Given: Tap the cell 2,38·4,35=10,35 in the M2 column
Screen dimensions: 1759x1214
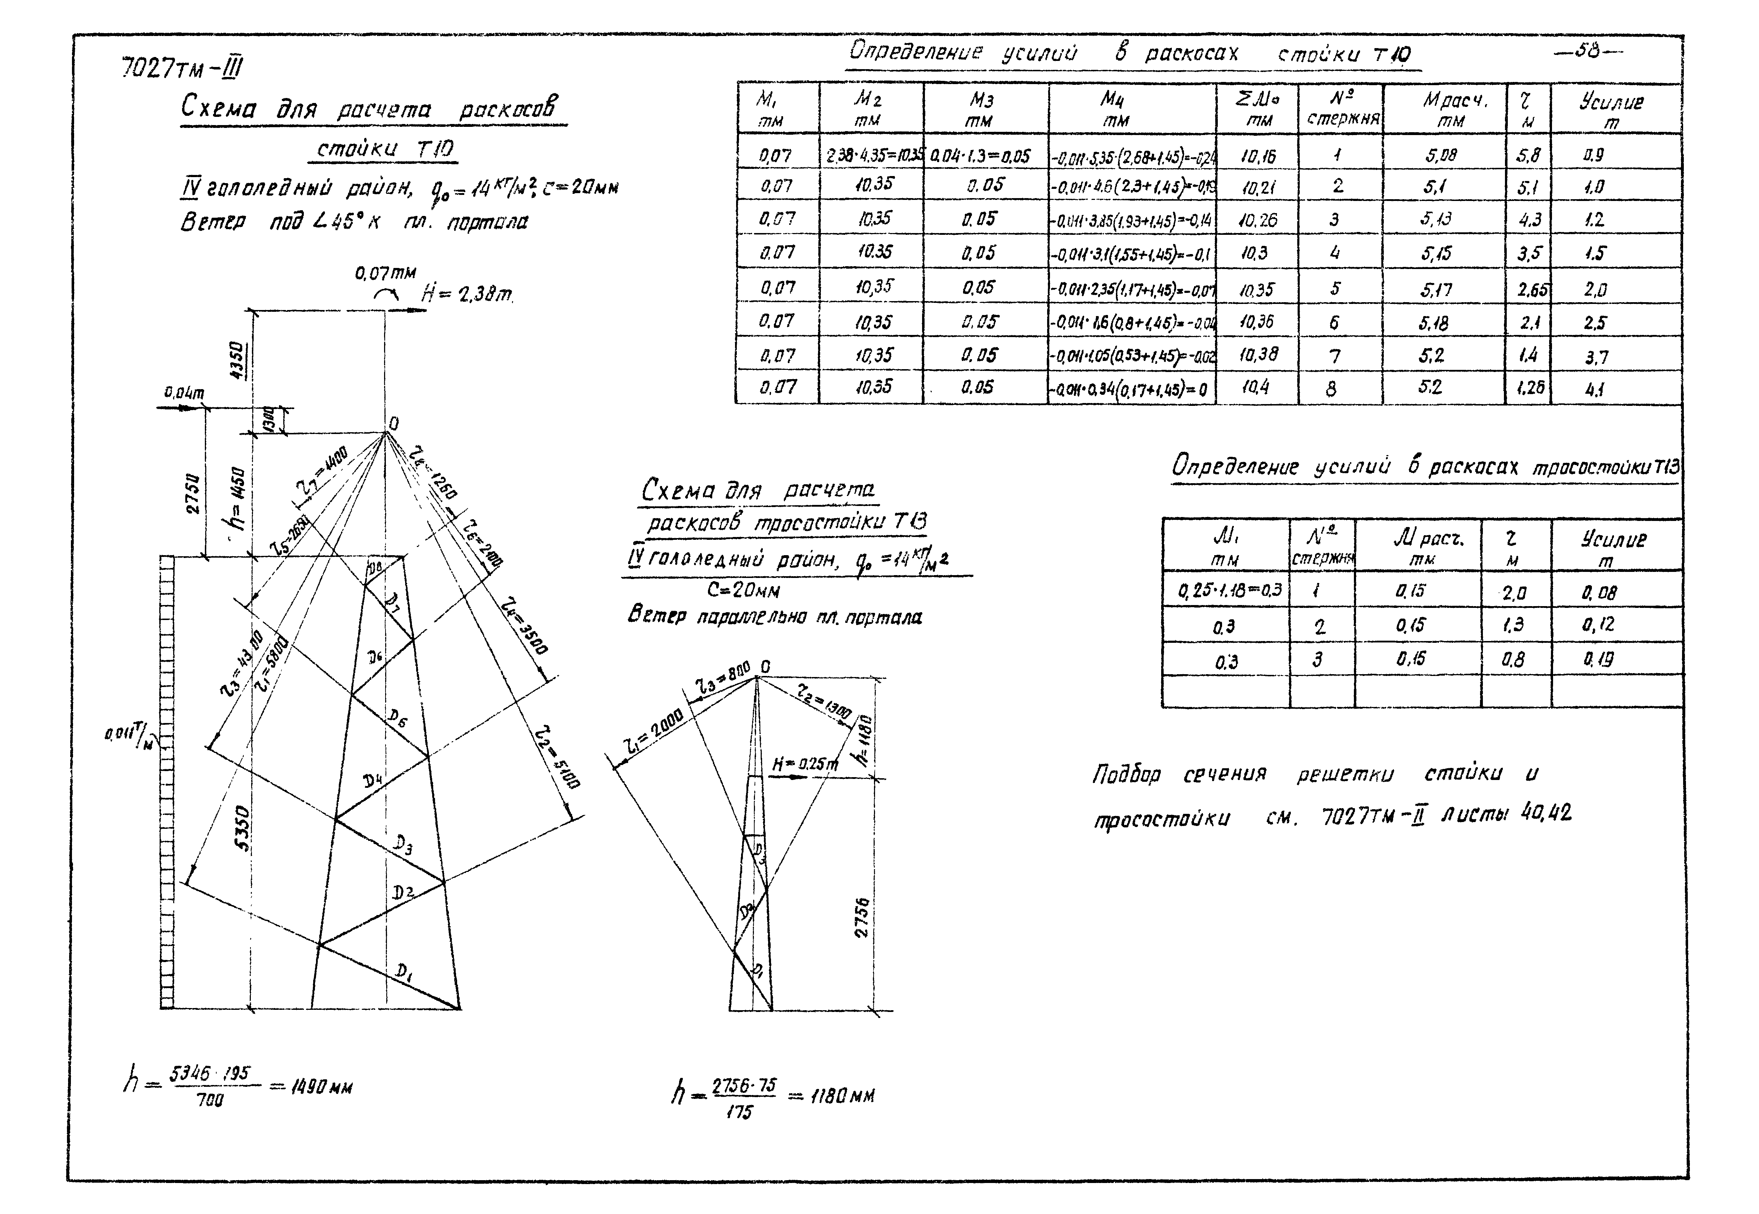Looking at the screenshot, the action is click(x=871, y=156).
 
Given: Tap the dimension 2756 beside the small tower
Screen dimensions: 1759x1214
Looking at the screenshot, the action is click(x=862, y=916).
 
